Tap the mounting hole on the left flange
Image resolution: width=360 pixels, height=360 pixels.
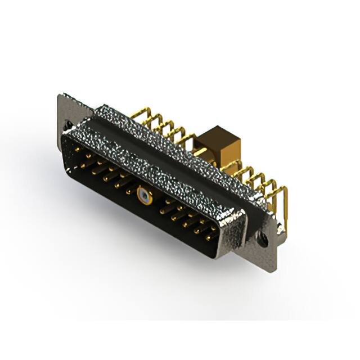tap(67, 125)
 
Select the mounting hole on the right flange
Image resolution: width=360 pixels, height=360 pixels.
tap(263, 239)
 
